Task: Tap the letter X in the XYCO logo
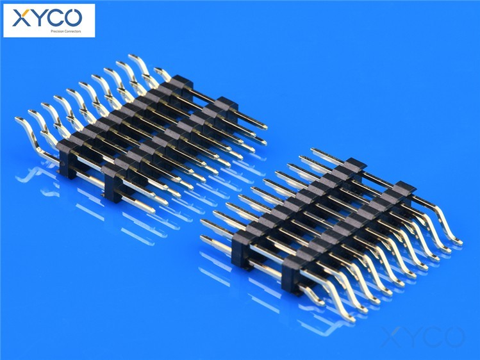pyautogui.click(x=21, y=18)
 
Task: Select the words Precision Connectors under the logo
pyautogui.click(x=66, y=31)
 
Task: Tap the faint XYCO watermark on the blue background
pyautogui.click(x=422, y=336)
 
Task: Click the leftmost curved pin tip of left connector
pyautogui.click(x=18, y=119)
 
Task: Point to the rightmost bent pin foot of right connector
pyautogui.click(x=458, y=242)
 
